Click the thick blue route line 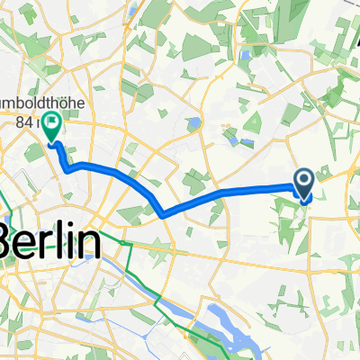tap(234, 193)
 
